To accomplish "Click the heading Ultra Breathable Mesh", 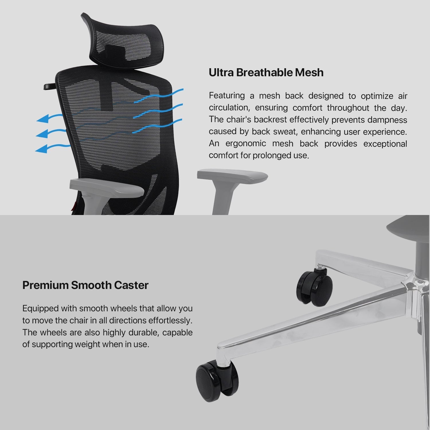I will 266,73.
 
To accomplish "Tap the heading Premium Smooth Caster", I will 85,285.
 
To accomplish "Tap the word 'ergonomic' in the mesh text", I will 246,143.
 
